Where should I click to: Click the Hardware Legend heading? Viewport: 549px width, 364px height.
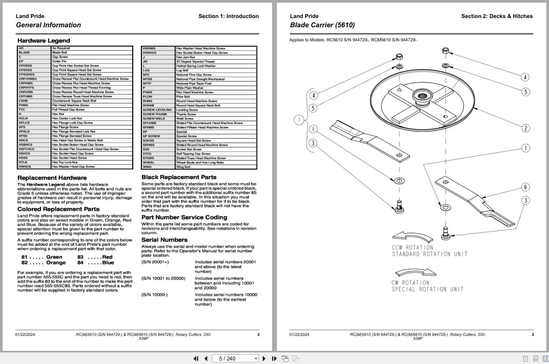click(44, 40)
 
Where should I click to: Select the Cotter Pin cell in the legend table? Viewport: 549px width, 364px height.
click(59, 62)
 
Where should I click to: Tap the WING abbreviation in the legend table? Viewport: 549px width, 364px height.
click(147, 167)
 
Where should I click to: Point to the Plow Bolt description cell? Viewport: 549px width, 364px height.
click(183, 97)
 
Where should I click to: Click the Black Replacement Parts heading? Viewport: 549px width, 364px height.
click(179, 177)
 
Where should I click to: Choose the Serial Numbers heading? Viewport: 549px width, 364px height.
click(164, 240)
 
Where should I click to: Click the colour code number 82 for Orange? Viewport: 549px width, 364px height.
click(25, 263)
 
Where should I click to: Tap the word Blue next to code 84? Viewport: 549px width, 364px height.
click(108, 263)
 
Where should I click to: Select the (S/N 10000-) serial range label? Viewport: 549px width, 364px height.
click(154, 295)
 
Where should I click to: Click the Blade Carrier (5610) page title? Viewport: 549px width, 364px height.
click(322, 25)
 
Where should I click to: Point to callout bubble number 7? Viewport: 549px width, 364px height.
click(299, 120)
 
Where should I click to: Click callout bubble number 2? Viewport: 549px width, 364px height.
click(525, 128)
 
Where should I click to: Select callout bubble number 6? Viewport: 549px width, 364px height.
click(525, 187)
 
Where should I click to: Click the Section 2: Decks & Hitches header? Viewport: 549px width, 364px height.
click(497, 16)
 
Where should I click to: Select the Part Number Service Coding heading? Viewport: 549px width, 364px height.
click(184, 217)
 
